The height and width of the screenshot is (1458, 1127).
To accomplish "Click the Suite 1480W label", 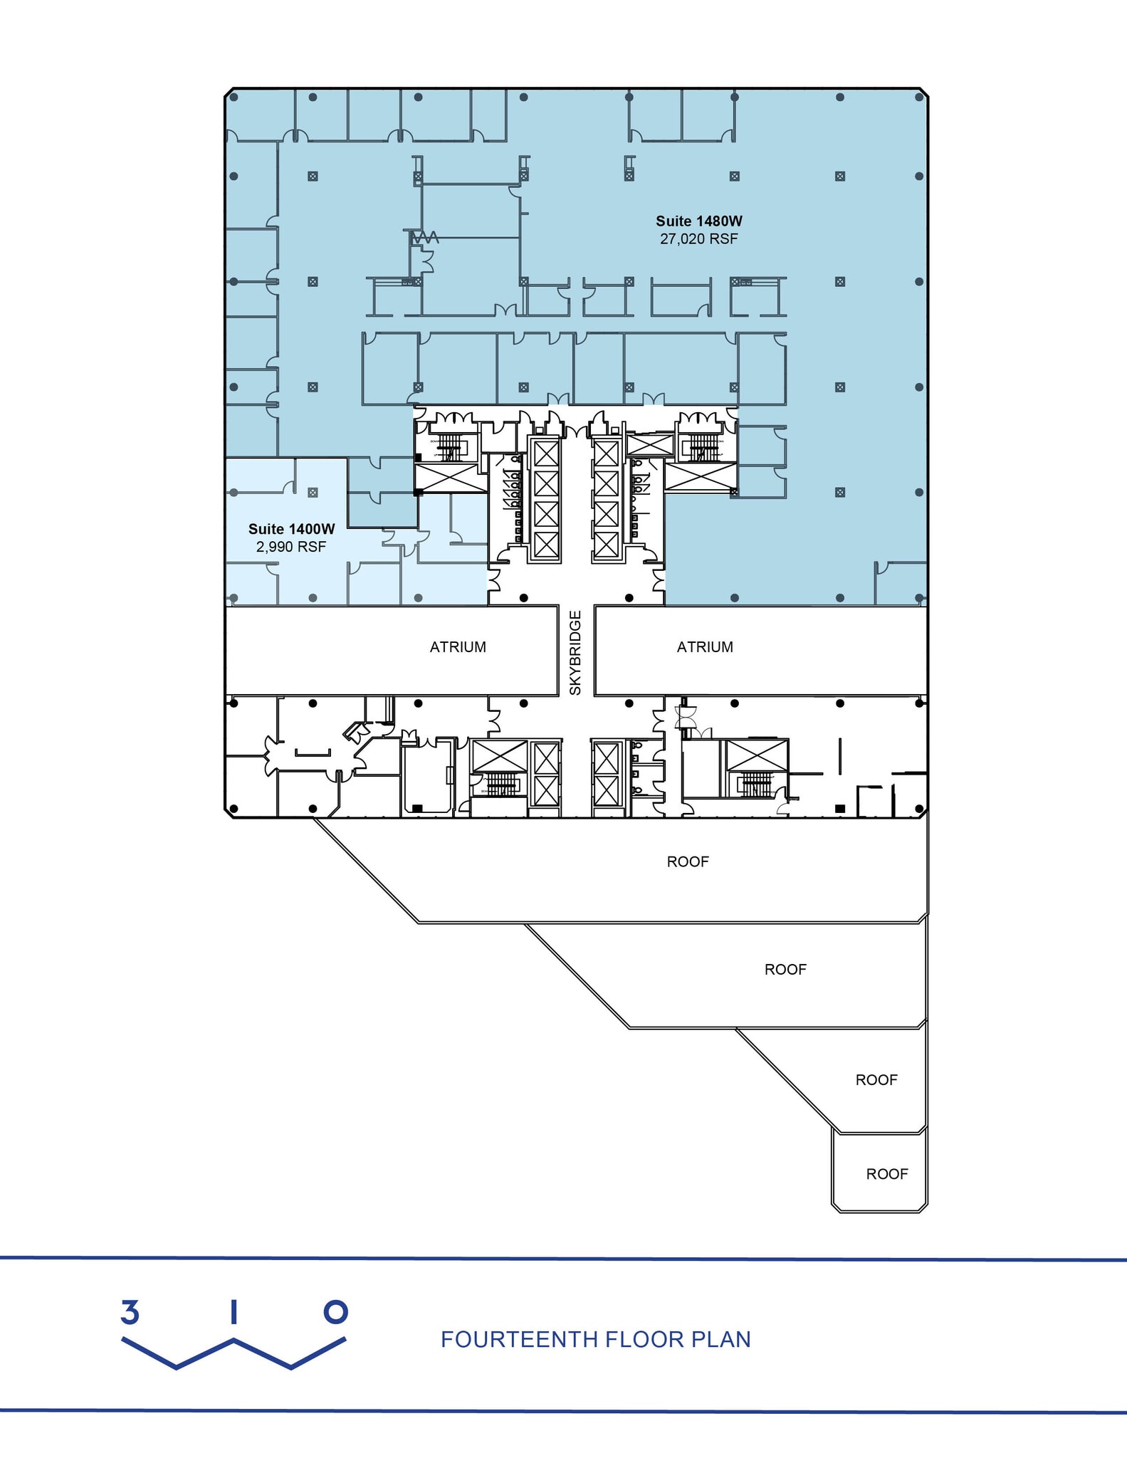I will (x=698, y=221).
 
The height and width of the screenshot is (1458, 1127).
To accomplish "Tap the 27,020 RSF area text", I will (x=698, y=239).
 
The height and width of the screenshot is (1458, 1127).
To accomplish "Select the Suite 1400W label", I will (x=291, y=529).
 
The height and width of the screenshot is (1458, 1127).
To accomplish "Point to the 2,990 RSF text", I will (x=291, y=547).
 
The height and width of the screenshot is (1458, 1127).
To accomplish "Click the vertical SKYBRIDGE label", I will (x=576, y=652).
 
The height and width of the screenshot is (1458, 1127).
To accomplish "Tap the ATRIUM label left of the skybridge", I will (x=458, y=647).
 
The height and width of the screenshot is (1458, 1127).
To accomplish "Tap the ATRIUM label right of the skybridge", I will (x=705, y=647).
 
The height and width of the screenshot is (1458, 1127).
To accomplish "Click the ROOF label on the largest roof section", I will (x=688, y=861).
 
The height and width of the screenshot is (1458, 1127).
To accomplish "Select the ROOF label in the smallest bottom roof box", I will (x=887, y=1174).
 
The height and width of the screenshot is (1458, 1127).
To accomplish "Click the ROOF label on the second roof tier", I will (x=785, y=970).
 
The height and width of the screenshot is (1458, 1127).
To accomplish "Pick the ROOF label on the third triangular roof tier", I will (x=876, y=1080).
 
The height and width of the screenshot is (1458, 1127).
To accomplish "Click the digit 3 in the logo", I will (x=130, y=1312).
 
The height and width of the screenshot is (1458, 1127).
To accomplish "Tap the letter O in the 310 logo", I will (x=336, y=1312).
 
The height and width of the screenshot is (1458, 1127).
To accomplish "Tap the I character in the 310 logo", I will (x=233, y=1312).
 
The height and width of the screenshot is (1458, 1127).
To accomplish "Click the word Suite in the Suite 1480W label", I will (x=673, y=221).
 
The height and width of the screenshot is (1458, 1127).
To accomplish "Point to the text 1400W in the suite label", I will (x=311, y=529).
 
